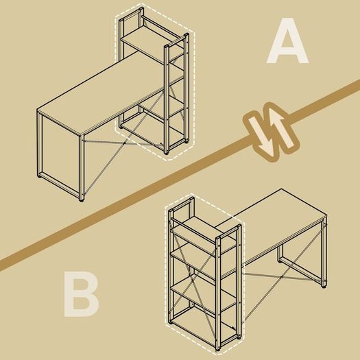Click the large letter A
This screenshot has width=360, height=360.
tap(287, 41)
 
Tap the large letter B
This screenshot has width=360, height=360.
tap(82, 294)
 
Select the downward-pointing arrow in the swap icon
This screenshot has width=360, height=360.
tap(262, 136)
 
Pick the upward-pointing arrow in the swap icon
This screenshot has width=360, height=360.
tap(281, 128)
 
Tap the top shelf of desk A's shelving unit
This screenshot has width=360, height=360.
tap(152, 44)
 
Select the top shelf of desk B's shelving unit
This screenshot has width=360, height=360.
tap(203, 235)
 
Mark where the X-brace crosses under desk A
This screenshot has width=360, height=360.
tap(124, 143)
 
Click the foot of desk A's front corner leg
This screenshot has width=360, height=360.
tap(82, 200)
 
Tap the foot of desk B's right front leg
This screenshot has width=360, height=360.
tap(324, 287)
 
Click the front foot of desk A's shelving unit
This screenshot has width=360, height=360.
tap(167, 153)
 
